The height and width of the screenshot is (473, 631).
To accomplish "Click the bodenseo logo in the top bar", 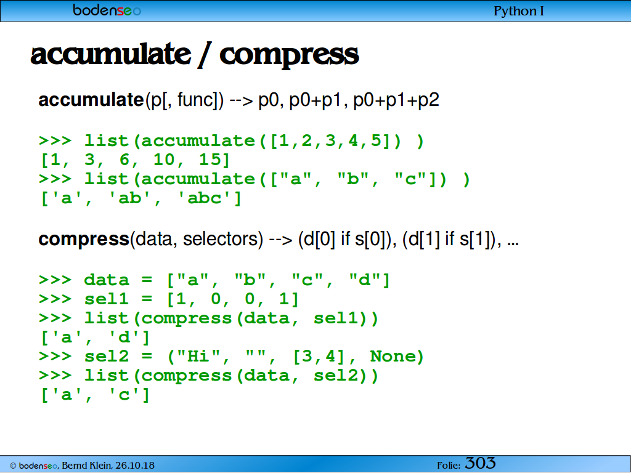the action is [x=107, y=10].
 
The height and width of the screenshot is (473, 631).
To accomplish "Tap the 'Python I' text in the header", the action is [x=519, y=11].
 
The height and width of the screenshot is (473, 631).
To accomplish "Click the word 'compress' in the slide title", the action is [x=289, y=55].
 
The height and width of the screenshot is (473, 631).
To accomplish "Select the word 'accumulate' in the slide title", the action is [x=111, y=54].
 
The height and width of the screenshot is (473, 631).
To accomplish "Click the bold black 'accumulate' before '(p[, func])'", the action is [x=91, y=100].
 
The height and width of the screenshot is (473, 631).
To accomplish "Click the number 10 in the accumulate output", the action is [x=164, y=160].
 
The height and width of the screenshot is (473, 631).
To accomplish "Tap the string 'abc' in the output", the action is [x=204, y=198].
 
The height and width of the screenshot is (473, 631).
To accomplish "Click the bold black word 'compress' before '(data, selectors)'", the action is [x=84, y=240].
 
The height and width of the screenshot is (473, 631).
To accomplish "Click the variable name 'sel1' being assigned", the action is [x=106, y=299].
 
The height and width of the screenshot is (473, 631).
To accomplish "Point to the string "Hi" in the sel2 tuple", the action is [x=198, y=356].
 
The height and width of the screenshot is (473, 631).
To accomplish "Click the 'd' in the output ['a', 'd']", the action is [x=124, y=337].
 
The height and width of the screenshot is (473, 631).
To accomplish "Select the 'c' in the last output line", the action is [x=124, y=395].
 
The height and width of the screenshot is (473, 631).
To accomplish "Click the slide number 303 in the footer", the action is [x=480, y=463].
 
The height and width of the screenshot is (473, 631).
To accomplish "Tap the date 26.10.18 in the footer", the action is [x=135, y=466].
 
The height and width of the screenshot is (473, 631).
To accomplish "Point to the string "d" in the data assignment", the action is [x=364, y=280].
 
